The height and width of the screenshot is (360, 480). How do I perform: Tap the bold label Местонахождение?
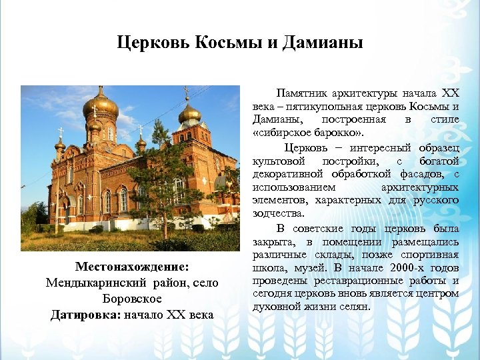132,267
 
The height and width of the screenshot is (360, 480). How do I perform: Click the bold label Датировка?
85,315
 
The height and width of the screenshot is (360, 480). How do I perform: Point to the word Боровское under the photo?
132,299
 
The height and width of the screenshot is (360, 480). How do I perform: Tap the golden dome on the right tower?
189,113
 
